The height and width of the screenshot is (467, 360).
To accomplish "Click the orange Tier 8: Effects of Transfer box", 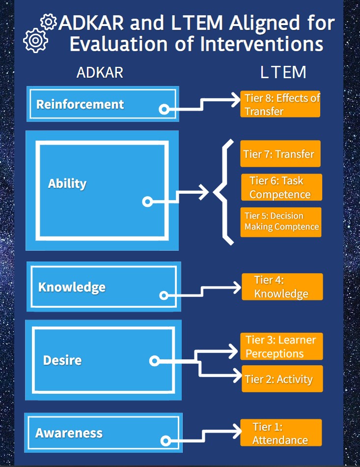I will click(x=280, y=104).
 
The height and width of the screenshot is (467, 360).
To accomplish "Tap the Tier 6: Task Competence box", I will click(x=281, y=187).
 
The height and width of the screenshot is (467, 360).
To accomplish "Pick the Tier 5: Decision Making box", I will click(x=281, y=222).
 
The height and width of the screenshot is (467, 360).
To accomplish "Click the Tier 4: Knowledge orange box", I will click(x=282, y=287).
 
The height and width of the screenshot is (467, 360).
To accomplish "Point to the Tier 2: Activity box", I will click(x=282, y=379).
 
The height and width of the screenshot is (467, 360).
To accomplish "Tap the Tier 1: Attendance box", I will click(x=281, y=433).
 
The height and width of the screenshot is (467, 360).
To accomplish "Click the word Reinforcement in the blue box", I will click(x=80, y=104).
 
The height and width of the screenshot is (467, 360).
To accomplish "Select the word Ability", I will click(x=67, y=183).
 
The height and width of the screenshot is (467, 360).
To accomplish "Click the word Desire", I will click(x=62, y=360).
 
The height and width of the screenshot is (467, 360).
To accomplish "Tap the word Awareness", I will click(x=69, y=433).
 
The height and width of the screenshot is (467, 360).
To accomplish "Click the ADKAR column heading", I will click(x=100, y=73).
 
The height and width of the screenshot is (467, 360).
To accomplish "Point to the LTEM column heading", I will click(x=283, y=73).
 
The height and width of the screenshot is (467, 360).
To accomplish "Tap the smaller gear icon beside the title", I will click(x=49, y=22).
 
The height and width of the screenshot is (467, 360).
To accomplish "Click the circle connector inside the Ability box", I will click(x=147, y=201).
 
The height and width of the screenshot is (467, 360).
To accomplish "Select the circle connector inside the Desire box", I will click(x=154, y=361).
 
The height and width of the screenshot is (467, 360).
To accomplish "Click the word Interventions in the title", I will click(x=261, y=44).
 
